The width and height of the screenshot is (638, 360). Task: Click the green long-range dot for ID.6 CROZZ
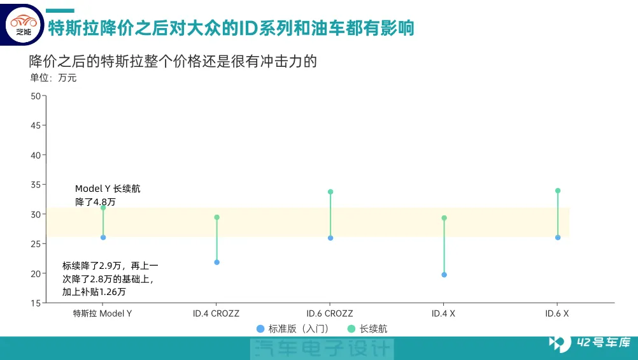click(330, 192)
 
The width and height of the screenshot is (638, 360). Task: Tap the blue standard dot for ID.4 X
click(444, 275)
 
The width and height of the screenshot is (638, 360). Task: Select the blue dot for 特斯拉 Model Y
click(103, 238)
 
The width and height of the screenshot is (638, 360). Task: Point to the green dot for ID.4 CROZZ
click(216, 217)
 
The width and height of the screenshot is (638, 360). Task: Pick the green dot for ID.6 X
click(557, 191)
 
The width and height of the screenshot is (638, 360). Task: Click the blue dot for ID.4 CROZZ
click(216, 263)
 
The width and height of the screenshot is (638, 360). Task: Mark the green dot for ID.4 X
click(444, 218)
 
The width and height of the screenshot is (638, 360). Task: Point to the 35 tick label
click(36, 185)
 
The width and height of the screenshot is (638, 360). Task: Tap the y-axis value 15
click(36, 303)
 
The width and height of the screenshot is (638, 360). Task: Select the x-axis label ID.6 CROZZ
click(330, 313)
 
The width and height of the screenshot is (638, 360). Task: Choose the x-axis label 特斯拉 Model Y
click(102, 313)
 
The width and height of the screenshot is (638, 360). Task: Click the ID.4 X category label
click(443, 313)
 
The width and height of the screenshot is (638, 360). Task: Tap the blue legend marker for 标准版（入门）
click(260, 329)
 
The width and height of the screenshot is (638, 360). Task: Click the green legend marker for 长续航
click(351, 329)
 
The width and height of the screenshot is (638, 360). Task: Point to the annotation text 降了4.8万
click(96, 202)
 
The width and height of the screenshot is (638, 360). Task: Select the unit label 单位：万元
click(53, 78)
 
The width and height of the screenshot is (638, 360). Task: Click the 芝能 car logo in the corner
click(24, 24)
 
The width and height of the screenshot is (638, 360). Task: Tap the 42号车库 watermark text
click(604, 342)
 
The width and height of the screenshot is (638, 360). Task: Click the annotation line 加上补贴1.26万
click(94, 292)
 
